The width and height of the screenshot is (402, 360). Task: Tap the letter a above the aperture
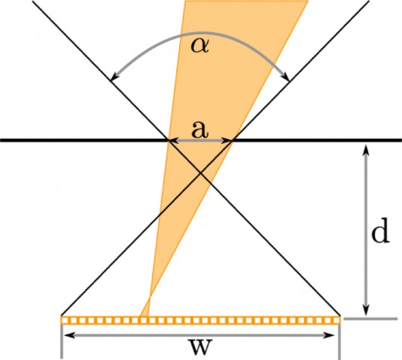tap(199, 129)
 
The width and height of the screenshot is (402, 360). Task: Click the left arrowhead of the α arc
tap(112, 77)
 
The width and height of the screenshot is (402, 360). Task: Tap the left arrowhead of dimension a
tap(171, 140)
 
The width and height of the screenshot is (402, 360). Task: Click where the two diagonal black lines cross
tap(200, 173)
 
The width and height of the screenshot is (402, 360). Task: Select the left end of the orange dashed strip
tap(63, 320)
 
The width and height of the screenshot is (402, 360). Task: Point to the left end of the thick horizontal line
tap(2, 140)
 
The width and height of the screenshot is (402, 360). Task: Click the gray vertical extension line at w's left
tap(61, 341)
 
